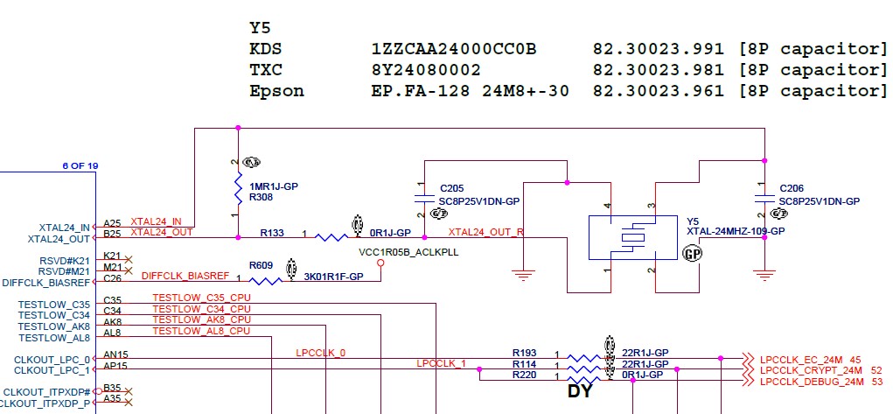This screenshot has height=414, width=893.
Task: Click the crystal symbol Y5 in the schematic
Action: (x=631, y=237)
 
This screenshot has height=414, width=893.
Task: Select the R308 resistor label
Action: (x=260, y=198)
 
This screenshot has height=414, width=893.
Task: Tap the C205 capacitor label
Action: (x=451, y=188)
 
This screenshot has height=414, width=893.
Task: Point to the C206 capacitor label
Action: (x=790, y=188)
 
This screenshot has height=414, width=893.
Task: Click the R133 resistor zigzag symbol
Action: (x=331, y=236)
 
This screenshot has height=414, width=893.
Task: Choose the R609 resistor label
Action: (x=261, y=265)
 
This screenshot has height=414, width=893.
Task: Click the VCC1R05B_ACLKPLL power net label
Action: (x=408, y=251)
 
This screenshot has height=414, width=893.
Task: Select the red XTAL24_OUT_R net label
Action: (x=485, y=232)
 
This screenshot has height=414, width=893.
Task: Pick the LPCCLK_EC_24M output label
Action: (x=800, y=359)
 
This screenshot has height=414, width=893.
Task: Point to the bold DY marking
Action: (x=581, y=391)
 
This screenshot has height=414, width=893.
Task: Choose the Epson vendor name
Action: (x=276, y=91)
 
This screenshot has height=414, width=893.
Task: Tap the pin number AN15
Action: (x=115, y=355)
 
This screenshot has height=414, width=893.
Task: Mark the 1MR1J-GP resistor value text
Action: (x=274, y=186)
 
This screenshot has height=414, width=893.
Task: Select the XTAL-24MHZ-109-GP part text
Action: (x=736, y=231)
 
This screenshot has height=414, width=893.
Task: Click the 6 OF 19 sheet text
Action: (x=80, y=165)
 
